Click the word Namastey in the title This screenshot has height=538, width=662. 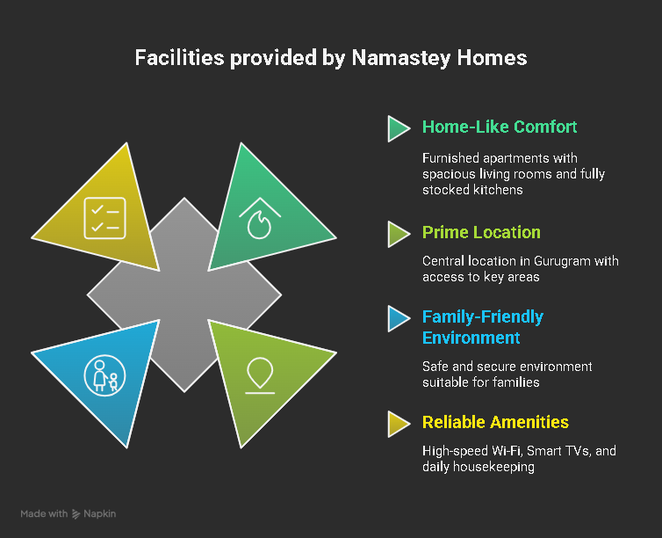(401, 58)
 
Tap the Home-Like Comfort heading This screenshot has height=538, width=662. (500, 127)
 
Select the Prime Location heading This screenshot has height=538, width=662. (481, 232)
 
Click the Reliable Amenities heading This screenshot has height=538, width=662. (495, 422)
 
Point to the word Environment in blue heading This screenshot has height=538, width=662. (471, 338)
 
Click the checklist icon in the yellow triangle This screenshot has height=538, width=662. (105, 218)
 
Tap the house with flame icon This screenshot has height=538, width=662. (260, 218)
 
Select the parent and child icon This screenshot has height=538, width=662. (104, 375)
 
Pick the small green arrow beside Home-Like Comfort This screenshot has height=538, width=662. (398, 128)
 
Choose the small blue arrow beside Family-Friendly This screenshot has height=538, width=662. (398, 318)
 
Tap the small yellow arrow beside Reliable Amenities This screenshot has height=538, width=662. (398, 424)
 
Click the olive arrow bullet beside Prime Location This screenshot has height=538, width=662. (398, 234)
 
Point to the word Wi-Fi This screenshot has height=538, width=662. (506, 451)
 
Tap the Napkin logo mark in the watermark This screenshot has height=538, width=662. (76, 514)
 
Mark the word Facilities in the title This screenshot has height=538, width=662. (179, 58)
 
